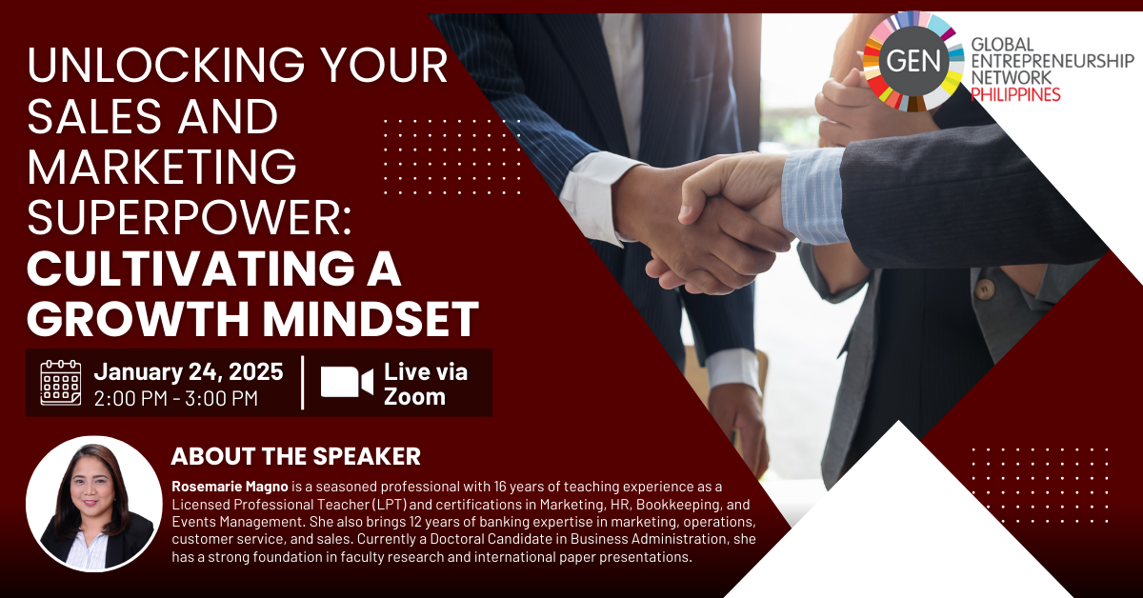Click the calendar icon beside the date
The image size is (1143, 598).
pos(61,382)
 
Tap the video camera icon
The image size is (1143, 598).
pos(347,382)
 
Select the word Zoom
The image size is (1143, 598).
pos(414,397)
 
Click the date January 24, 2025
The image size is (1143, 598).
pos(189,371)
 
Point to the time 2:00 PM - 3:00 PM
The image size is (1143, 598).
pos(176,398)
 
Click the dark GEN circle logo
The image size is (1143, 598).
pos(913,61)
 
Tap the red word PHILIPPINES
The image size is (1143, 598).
pos(1015,94)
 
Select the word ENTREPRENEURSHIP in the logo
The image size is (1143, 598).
pos(1053,61)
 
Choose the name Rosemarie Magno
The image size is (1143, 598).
pos(230,487)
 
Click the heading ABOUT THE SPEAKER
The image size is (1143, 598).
pos(296,456)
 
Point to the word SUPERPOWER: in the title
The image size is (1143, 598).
pos(190,218)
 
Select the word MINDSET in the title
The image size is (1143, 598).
pos(371,319)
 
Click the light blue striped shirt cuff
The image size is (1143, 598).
pos(813,195)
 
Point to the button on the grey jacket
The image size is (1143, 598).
pos(984,289)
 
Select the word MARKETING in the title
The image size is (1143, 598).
pos(162,167)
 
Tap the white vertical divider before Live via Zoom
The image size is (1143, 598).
pos(303,382)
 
